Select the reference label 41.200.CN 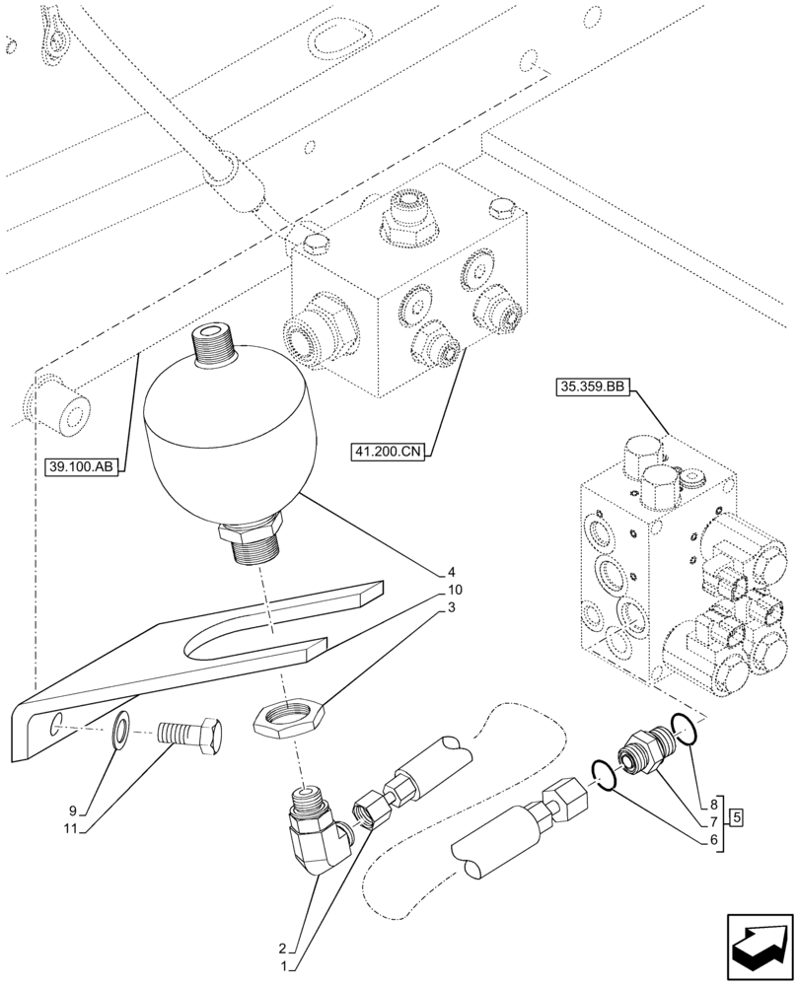(x=386, y=453)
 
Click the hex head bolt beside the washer (x=192, y=735)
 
